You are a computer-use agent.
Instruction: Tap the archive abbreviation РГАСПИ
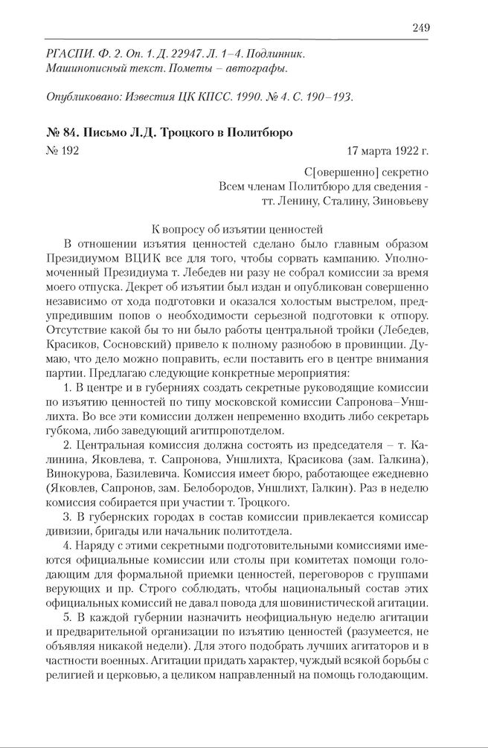click(x=68, y=54)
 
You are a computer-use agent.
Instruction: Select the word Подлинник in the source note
click(x=274, y=54)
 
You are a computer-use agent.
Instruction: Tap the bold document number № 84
click(x=64, y=133)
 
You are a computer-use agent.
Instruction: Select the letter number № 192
click(x=62, y=152)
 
